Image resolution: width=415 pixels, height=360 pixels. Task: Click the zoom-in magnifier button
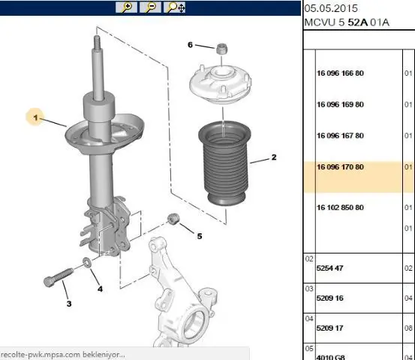[126, 7]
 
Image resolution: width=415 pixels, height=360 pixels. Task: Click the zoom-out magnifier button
[150, 7]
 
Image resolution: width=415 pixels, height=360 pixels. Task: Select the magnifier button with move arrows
[175, 7]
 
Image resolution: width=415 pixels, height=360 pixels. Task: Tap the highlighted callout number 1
[35, 118]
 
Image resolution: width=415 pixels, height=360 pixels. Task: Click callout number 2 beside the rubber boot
[274, 157]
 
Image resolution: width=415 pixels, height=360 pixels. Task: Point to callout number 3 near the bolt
[69, 304]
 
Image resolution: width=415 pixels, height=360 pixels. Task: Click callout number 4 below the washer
[100, 289]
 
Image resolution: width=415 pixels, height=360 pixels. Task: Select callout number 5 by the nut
[200, 236]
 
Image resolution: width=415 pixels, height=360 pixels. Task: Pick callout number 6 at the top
[190, 45]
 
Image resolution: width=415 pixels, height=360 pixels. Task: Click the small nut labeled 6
[221, 49]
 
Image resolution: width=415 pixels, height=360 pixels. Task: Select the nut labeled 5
[173, 219]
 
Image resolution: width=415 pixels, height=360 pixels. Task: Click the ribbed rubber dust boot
[224, 163]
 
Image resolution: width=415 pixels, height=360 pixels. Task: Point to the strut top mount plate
[220, 84]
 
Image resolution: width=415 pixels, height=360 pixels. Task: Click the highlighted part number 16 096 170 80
[340, 167]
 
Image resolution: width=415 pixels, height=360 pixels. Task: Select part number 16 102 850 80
[340, 208]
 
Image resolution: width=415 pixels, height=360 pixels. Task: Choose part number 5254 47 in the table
[329, 268]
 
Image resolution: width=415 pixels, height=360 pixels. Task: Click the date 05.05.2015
[331, 8]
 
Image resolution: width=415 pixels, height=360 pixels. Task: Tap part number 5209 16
[329, 298]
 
